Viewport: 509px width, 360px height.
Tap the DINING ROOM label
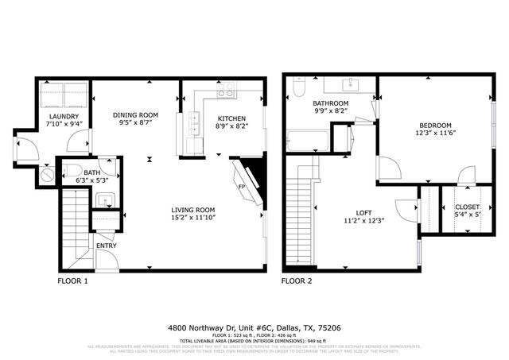point(135,115)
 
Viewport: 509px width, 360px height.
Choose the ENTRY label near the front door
point(106,246)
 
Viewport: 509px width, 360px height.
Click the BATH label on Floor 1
point(92,172)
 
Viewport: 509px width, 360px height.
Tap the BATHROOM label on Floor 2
point(330,104)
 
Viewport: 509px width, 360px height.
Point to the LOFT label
point(363,212)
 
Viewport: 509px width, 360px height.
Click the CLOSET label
point(467,207)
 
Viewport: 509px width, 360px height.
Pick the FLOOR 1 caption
point(73,281)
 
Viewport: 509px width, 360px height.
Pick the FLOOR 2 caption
point(297,281)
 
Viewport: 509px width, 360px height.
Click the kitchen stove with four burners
point(226,92)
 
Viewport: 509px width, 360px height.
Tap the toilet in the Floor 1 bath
point(68,171)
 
